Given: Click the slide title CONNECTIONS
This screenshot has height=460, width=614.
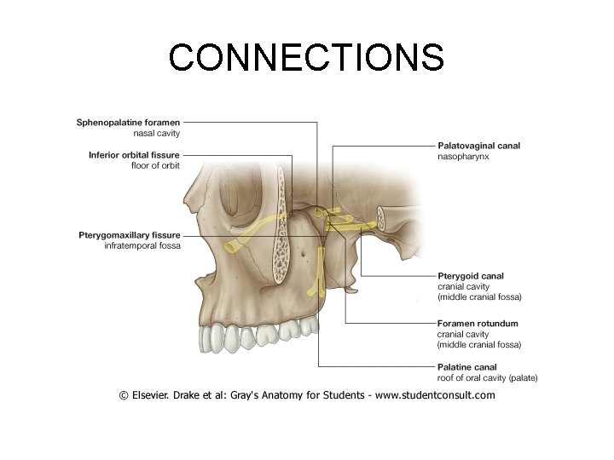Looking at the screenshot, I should click(x=306, y=57).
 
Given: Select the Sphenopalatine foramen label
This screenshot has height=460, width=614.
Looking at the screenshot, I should click(x=128, y=123).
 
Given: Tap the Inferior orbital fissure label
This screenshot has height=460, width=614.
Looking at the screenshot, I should click(x=134, y=155).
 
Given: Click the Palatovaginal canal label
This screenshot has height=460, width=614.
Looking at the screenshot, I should click(x=478, y=146).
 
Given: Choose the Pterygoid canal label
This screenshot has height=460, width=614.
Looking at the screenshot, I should click(x=470, y=276).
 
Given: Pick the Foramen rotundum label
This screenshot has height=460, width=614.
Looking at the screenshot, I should click(x=477, y=324).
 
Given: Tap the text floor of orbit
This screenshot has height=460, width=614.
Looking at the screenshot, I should click(x=155, y=165).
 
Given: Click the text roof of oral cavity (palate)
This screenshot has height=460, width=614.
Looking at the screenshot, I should click(x=487, y=377).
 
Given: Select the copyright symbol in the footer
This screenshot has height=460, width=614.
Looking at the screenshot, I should click(x=125, y=395).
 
